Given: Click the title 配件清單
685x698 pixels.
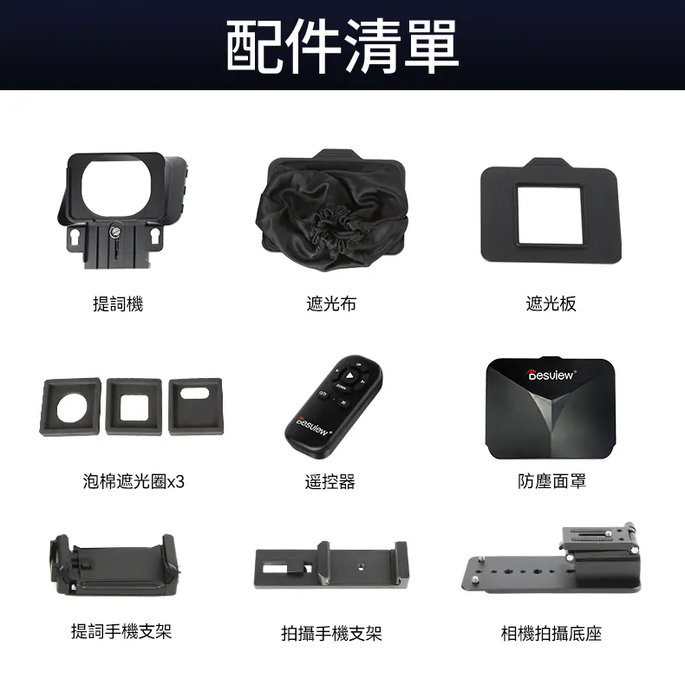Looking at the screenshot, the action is pyautogui.click(x=342, y=46).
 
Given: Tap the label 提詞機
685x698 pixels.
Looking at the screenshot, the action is pyautogui.click(x=118, y=304).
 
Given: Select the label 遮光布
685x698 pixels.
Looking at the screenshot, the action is pyautogui.click(x=331, y=304).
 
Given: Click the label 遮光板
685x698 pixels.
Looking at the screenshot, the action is pyautogui.click(x=551, y=304).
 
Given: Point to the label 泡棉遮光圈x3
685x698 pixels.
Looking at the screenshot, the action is pyautogui.click(x=134, y=481).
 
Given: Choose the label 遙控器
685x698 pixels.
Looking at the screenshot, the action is pyautogui.click(x=330, y=481).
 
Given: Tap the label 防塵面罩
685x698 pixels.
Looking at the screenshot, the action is pyautogui.click(x=552, y=481).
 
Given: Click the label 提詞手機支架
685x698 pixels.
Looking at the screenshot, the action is pyautogui.click(x=121, y=631).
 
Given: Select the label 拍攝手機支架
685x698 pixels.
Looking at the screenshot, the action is pyautogui.click(x=331, y=634).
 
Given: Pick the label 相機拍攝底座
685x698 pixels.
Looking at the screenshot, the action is pyautogui.click(x=551, y=634).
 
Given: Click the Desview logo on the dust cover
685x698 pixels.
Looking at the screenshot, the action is pyautogui.click(x=551, y=375).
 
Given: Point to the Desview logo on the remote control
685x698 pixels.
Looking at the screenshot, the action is pyautogui.click(x=312, y=427).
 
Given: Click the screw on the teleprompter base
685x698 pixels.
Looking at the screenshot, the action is pyautogui.click(x=114, y=231).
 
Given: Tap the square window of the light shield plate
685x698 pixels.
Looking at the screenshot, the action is pyautogui.click(x=550, y=215).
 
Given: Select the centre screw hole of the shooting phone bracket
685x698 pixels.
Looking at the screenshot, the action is pyautogui.click(x=361, y=567).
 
